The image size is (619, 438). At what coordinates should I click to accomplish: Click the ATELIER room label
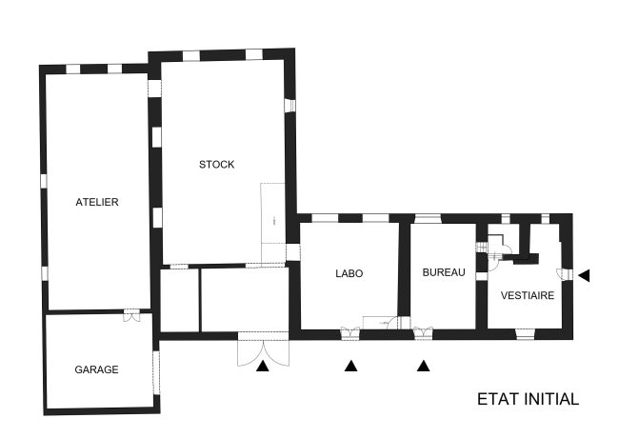[x=97, y=202]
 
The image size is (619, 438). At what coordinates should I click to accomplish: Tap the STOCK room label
[x=216, y=165]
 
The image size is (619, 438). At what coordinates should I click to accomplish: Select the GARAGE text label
[x=97, y=369]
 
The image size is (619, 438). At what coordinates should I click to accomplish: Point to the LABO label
[x=349, y=273]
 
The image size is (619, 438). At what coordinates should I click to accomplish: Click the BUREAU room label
[x=444, y=273]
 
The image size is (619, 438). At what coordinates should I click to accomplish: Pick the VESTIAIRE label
[x=528, y=296]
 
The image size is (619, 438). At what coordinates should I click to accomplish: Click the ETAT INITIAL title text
[x=528, y=399]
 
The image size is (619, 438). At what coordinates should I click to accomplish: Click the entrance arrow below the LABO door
[x=350, y=365]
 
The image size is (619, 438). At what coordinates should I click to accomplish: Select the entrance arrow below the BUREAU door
[x=424, y=365]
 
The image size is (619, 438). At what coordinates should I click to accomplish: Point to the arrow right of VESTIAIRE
[x=584, y=275]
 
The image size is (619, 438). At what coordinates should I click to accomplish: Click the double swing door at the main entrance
[x=261, y=348]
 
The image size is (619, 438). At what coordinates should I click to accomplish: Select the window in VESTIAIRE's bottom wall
[x=525, y=332]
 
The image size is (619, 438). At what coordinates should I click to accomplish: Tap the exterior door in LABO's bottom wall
[x=350, y=331]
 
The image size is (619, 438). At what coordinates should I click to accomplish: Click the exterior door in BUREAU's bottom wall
[x=423, y=331]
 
